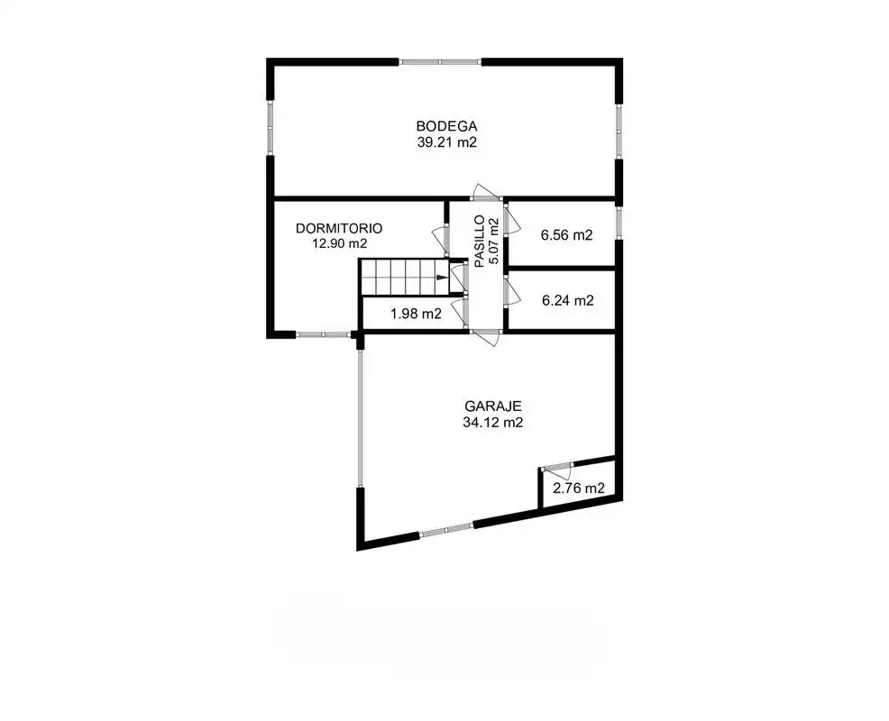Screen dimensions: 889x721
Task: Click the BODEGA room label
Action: tap(447, 126)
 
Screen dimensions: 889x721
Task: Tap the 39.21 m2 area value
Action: tap(447, 142)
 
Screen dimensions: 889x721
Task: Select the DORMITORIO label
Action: tap(339, 228)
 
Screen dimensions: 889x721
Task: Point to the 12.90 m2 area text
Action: tap(340, 243)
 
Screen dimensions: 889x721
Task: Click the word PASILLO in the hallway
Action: tap(480, 241)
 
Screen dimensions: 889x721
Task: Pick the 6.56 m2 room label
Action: tap(566, 234)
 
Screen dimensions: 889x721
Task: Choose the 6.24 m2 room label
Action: tap(567, 300)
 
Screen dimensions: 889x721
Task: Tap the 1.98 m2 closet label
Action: tap(416, 314)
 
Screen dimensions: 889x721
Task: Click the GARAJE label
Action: tap(492, 406)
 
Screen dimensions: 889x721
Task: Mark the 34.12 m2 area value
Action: tap(492, 423)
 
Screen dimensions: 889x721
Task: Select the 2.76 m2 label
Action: tap(578, 488)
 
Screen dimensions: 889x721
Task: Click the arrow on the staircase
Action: tap(442, 278)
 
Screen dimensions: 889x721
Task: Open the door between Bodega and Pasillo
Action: tap(487, 193)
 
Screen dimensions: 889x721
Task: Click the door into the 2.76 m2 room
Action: tap(557, 472)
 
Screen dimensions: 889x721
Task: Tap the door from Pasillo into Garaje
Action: tap(485, 337)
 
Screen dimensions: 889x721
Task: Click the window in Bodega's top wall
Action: tap(440, 62)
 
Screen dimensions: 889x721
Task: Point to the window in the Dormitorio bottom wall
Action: tap(323, 335)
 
